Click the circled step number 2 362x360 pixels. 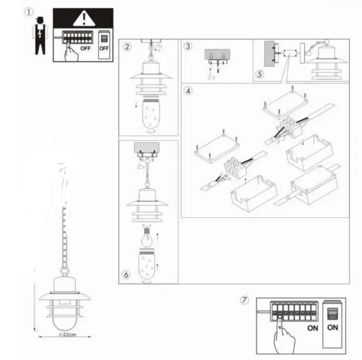tap(128, 46)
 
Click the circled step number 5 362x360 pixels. tap(259, 74)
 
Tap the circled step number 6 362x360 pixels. tap(127, 274)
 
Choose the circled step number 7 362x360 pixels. tap(245, 301)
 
